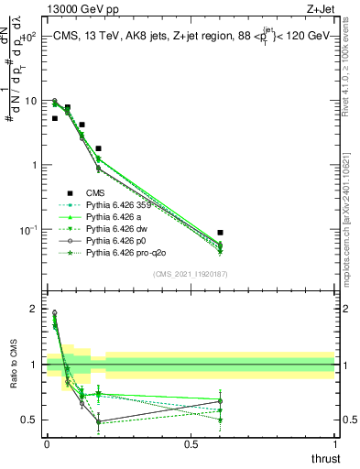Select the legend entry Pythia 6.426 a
(115, 221)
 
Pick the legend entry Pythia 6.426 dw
(117, 234)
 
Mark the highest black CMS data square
(68, 107)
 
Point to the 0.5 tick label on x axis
(191, 443)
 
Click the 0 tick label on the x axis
(47, 443)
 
